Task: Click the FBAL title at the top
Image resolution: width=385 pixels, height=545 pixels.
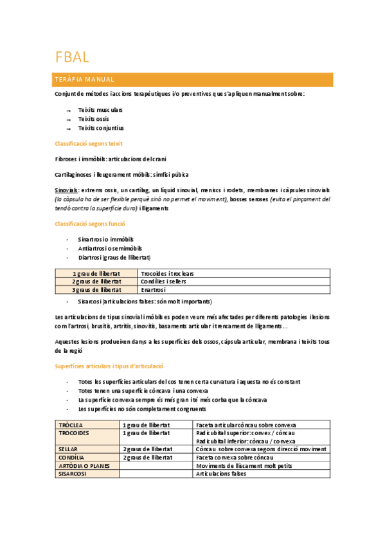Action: click(72, 57)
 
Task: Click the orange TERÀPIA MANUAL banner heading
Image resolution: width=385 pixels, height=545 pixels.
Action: click(85, 80)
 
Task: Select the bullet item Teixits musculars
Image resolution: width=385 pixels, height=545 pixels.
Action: click(100, 110)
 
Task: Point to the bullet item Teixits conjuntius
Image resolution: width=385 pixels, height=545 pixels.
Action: click(101, 128)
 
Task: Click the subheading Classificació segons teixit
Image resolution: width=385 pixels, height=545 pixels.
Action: click(89, 143)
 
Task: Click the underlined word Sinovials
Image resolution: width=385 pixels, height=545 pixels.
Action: click(67, 190)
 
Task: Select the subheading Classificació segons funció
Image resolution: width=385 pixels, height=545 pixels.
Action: click(90, 224)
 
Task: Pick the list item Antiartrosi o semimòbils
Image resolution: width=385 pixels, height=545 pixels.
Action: click(110, 248)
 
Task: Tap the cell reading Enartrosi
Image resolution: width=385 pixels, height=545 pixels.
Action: click(154, 290)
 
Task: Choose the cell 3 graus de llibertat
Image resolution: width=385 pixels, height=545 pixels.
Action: click(96, 290)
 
